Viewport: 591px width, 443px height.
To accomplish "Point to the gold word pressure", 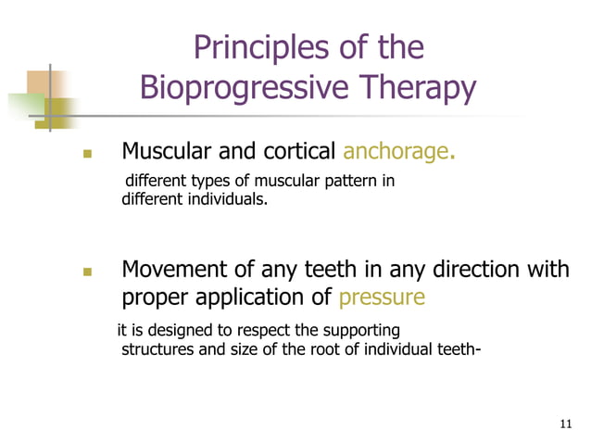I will pos(382,297).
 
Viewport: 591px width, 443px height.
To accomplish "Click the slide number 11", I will pos(567,424).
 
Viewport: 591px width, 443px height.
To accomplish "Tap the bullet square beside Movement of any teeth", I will pos(89,272).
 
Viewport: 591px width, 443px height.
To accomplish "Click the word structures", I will pos(157,348).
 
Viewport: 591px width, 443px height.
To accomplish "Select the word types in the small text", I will pos(208,181).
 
